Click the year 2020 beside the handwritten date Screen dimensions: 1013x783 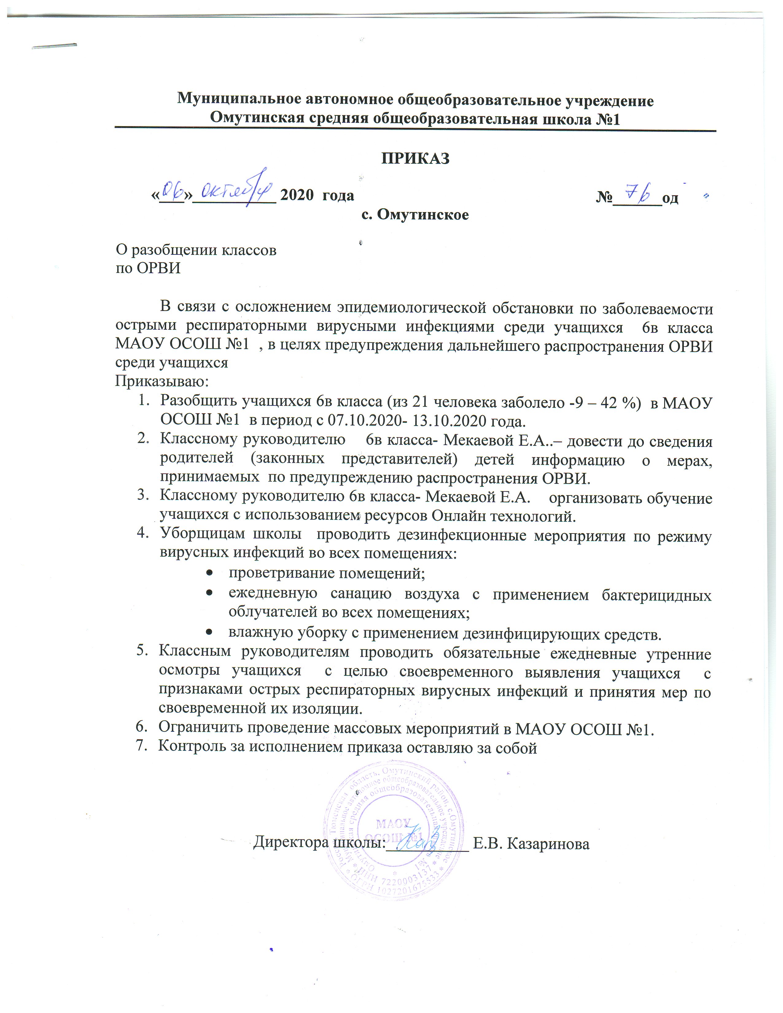tap(297, 195)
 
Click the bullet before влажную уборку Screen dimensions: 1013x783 tap(210, 633)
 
